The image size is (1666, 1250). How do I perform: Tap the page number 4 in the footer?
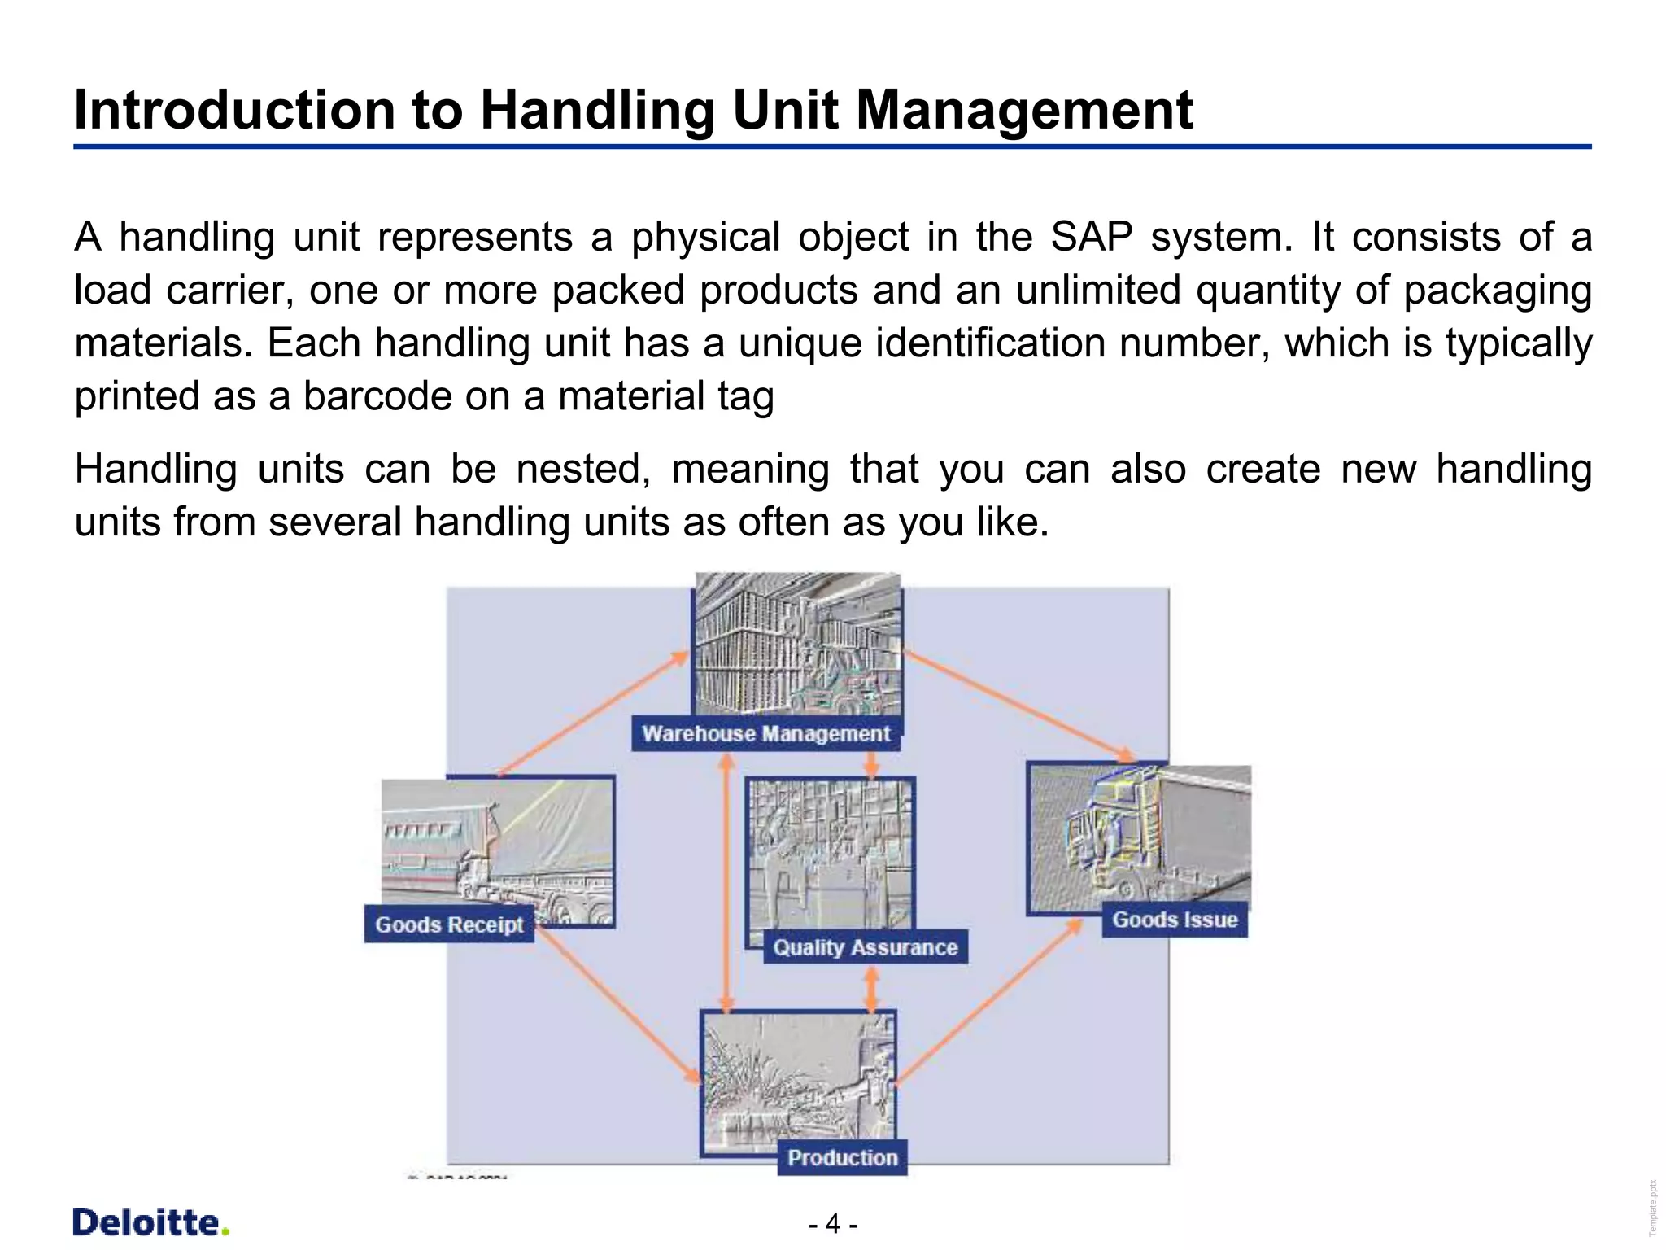point(832,1224)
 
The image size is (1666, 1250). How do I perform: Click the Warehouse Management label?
point(765,733)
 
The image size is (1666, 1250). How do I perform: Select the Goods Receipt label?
point(449,924)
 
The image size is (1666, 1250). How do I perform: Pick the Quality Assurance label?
point(865,947)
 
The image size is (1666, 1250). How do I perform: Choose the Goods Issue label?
point(1175,920)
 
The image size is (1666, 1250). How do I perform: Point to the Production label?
point(842,1157)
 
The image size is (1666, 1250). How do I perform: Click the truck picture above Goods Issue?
point(1139,838)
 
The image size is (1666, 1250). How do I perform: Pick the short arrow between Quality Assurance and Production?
point(871,988)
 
